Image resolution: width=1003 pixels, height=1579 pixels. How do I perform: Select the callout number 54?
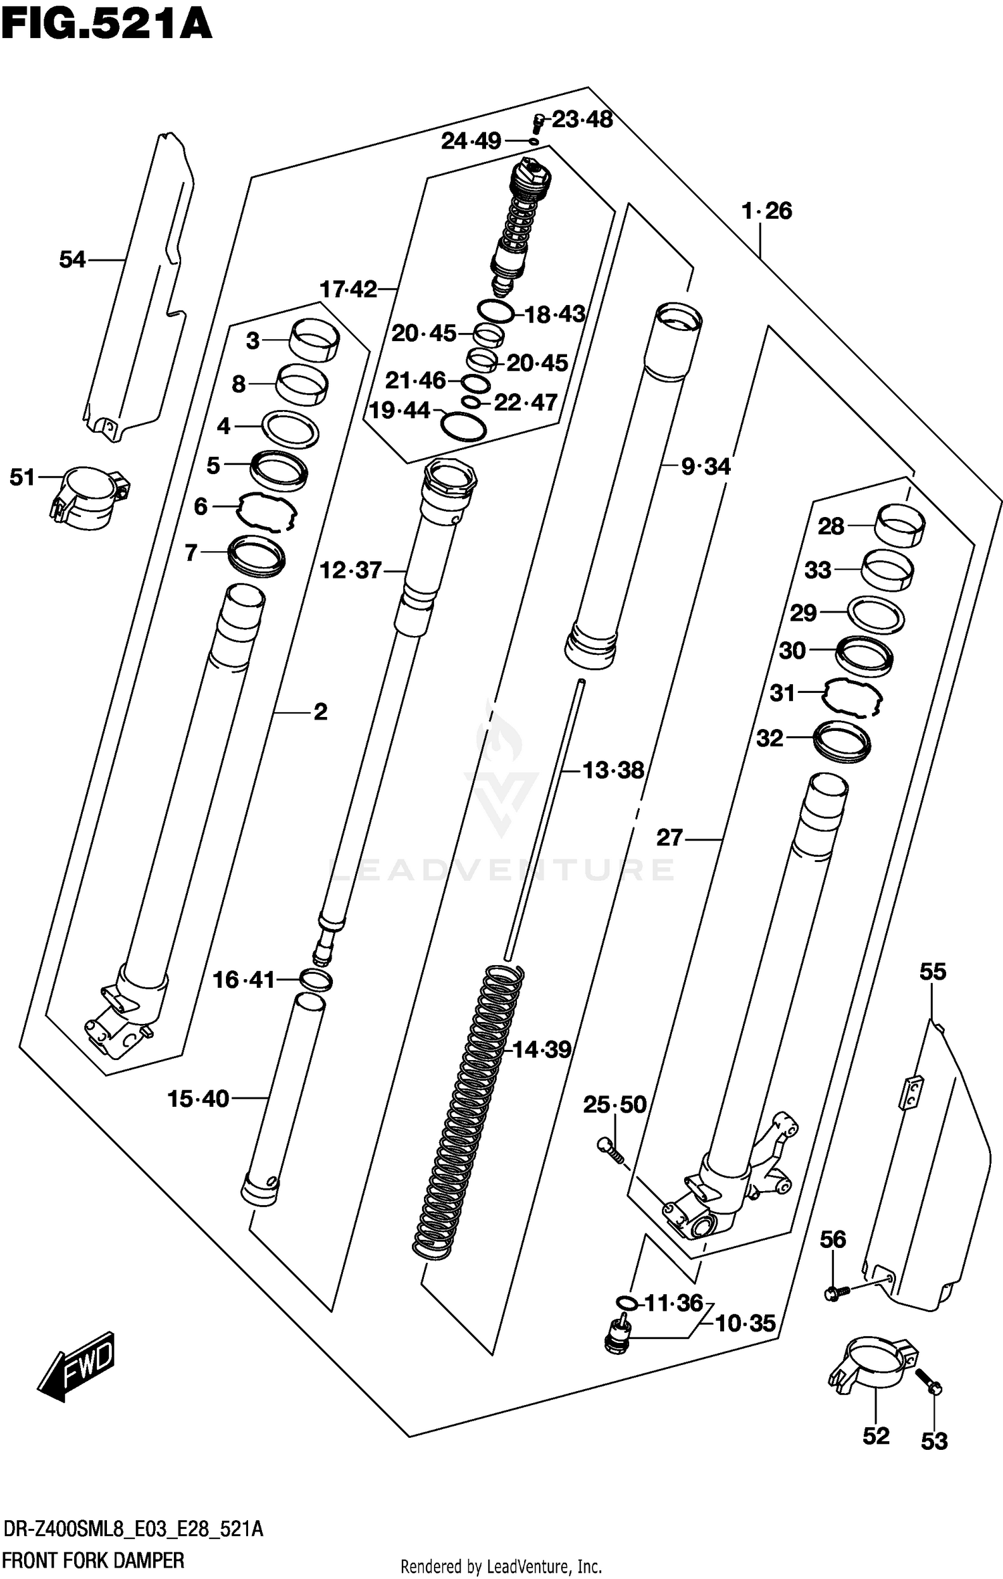click(x=72, y=259)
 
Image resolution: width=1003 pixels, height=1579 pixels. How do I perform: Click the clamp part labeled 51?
click(x=89, y=498)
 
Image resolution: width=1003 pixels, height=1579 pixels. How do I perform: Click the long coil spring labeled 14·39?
click(x=468, y=1110)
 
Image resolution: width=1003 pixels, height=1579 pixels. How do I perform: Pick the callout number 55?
click(x=933, y=971)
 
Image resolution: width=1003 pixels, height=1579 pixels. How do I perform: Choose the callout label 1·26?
click(x=766, y=211)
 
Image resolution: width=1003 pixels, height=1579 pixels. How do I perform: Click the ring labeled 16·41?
click(x=316, y=980)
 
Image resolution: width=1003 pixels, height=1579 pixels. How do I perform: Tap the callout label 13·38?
click(x=612, y=770)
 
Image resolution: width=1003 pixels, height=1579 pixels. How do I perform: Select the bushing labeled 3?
click(x=314, y=340)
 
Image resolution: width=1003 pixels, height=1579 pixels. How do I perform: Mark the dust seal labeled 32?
click(x=841, y=740)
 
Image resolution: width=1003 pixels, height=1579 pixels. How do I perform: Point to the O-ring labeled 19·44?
click(x=463, y=427)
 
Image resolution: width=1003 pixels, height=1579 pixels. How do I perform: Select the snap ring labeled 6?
click(x=266, y=512)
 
